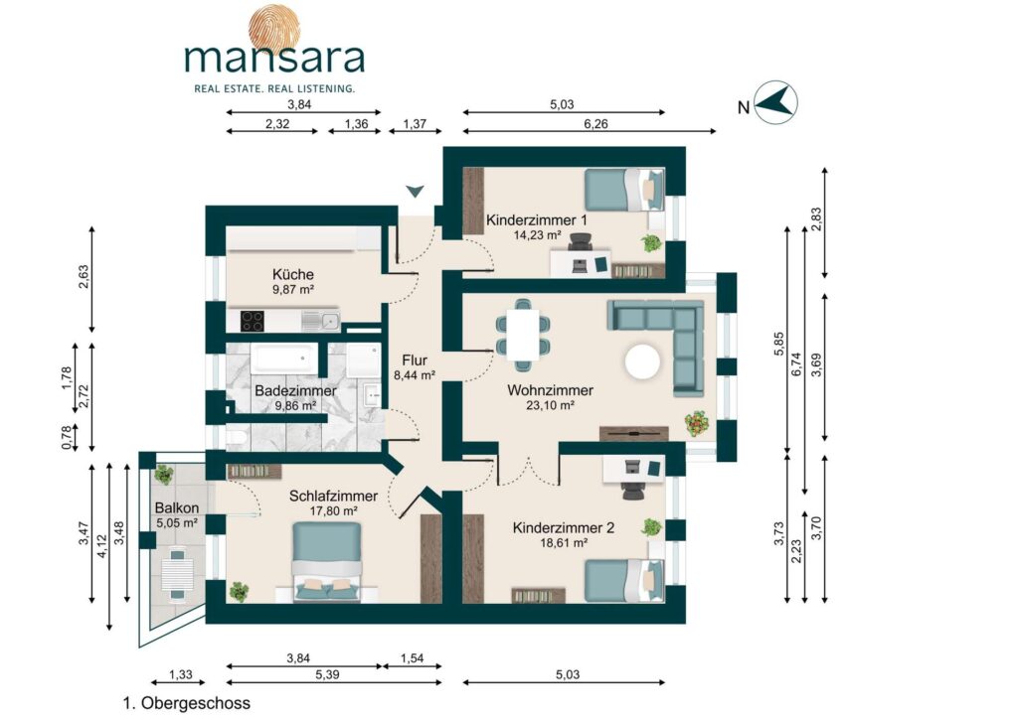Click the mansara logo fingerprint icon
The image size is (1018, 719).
[274, 29]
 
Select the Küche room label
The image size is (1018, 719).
[293, 274]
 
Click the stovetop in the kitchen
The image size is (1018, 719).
[252, 321]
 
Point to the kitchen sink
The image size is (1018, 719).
[321, 321]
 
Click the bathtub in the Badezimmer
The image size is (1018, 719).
[283, 359]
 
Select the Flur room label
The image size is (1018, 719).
[415, 360]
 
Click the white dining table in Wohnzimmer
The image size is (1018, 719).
[523, 335]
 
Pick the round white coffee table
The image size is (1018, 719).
[643, 361]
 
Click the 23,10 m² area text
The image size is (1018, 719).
[550, 406]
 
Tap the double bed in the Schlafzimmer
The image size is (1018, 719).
[326, 561]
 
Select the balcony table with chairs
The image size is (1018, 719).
[177, 573]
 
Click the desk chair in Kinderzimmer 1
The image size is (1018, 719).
[580, 242]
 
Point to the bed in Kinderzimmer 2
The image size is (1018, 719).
[624, 581]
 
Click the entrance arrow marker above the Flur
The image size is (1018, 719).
[415, 192]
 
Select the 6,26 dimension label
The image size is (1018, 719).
[595, 124]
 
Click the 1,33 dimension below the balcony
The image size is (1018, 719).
[181, 674]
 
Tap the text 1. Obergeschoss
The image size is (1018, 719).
[186, 703]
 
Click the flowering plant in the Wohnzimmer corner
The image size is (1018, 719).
[697, 423]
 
